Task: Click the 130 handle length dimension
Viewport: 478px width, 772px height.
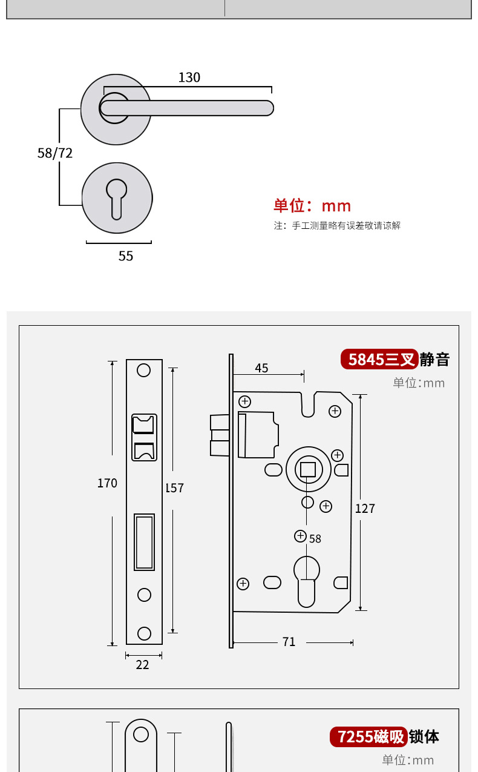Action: (x=189, y=78)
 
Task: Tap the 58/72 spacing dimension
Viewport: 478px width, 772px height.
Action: (x=55, y=153)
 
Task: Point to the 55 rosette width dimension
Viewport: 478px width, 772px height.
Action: (x=125, y=256)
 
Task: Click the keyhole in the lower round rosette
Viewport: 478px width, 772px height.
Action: (x=117, y=196)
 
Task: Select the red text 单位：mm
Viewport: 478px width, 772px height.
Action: (x=312, y=206)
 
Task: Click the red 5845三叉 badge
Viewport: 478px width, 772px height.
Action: (x=380, y=360)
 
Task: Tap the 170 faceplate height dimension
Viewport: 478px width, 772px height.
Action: (x=107, y=483)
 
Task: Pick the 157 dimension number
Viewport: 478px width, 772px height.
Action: (x=174, y=488)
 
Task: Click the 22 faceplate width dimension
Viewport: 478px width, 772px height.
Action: (x=142, y=665)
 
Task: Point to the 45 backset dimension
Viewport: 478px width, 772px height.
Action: (x=261, y=368)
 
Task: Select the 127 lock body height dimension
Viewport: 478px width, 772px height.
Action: (x=365, y=509)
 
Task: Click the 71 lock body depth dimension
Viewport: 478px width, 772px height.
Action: (x=289, y=642)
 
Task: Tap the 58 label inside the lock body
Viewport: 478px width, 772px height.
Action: (x=315, y=539)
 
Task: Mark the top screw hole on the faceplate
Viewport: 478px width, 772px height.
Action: (x=143, y=370)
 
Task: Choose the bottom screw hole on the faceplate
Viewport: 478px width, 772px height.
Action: (x=144, y=633)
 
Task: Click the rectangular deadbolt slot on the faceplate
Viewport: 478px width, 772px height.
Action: (x=144, y=543)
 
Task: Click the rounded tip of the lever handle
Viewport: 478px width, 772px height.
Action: (x=267, y=108)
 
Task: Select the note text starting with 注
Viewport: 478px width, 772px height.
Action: (x=337, y=226)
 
